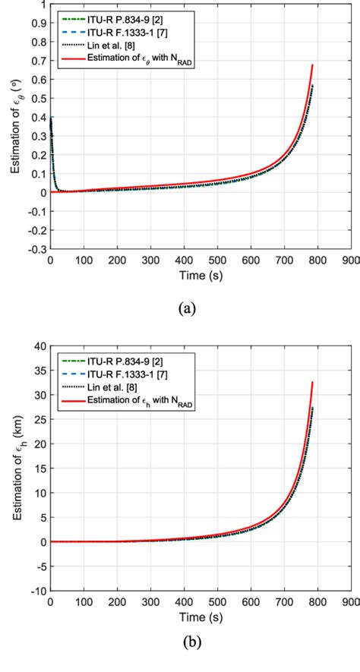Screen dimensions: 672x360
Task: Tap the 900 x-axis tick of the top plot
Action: coord(350,260)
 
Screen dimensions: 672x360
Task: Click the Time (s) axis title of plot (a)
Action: coord(200,275)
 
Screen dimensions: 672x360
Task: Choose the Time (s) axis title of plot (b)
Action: coord(200,617)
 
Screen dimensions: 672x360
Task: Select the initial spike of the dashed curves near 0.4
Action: coord(51,118)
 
